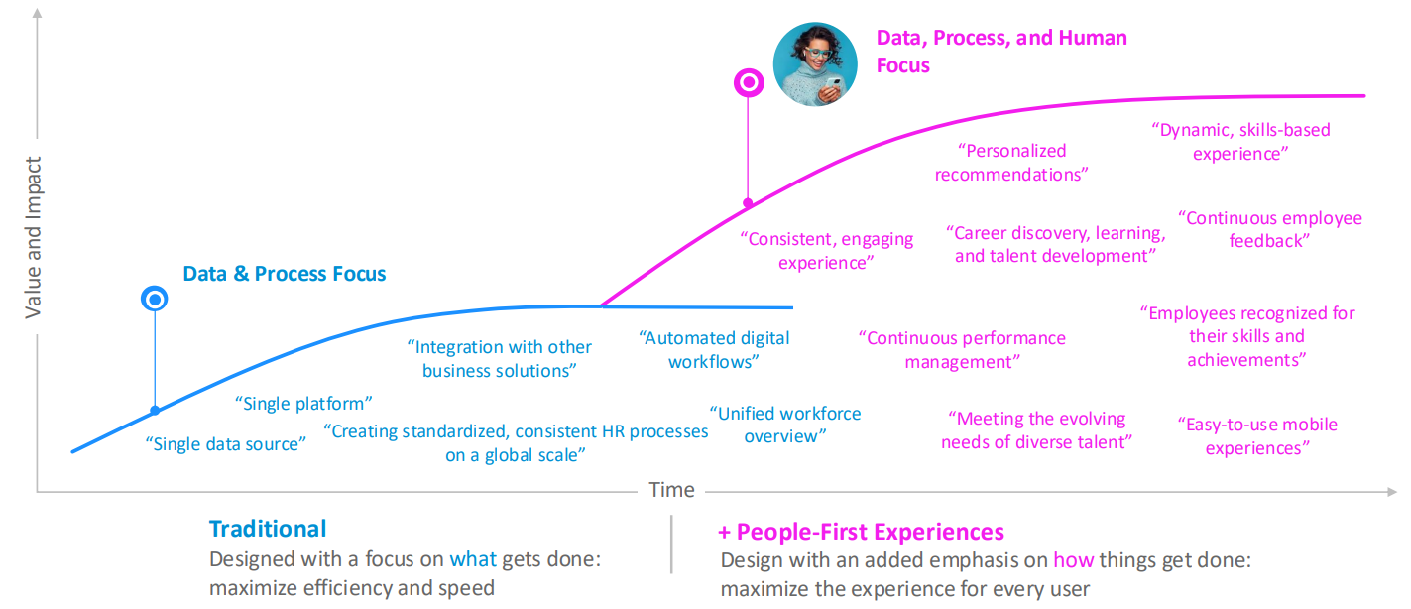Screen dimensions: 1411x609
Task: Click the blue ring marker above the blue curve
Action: [x=155, y=287]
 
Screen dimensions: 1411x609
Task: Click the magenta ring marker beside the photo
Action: [x=749, y=70]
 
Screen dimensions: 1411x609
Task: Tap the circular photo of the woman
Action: [x=815, y=64]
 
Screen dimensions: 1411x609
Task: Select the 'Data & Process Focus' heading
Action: [x=285, y=274]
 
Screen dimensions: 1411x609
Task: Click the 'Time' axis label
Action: [x=671, y=490]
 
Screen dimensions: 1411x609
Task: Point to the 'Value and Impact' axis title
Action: [x=33, y=237]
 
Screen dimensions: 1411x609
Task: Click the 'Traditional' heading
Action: [x=268, y=529]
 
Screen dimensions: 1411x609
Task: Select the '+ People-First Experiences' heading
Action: [x=861, y=533]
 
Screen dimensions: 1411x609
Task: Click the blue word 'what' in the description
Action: [x=473, y=559]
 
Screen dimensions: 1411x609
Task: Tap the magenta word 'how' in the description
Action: [x=1073, y=560]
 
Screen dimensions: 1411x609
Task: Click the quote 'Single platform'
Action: [x=303, y=403]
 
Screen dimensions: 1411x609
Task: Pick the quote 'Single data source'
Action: [x=226, y=444]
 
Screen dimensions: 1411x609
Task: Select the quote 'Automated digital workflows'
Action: [x=714, y=350]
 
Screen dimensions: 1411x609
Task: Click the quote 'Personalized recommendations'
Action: [x=1011, y=163]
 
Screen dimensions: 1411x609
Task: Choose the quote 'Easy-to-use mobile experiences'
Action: [x=1258, y=435]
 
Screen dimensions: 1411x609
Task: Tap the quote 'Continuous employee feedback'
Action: [x=1270, y=229]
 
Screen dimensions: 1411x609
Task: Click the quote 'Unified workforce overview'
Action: [x=785, y=425]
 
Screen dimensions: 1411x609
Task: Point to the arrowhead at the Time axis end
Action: [x=1392, y=492]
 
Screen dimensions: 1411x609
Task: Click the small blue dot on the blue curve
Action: [x=155, y=411]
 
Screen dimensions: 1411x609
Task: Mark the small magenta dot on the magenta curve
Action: [x=748, y=202]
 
